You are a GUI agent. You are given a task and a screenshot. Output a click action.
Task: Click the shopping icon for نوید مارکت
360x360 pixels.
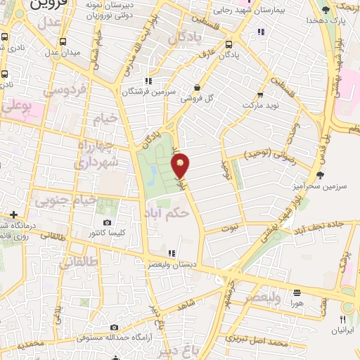click(x=260, y=94)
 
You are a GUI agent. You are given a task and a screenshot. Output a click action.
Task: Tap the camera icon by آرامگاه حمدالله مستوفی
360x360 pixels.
click(x=115, y=327)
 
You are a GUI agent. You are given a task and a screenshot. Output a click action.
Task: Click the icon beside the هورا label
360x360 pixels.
click(x=297, y=292)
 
